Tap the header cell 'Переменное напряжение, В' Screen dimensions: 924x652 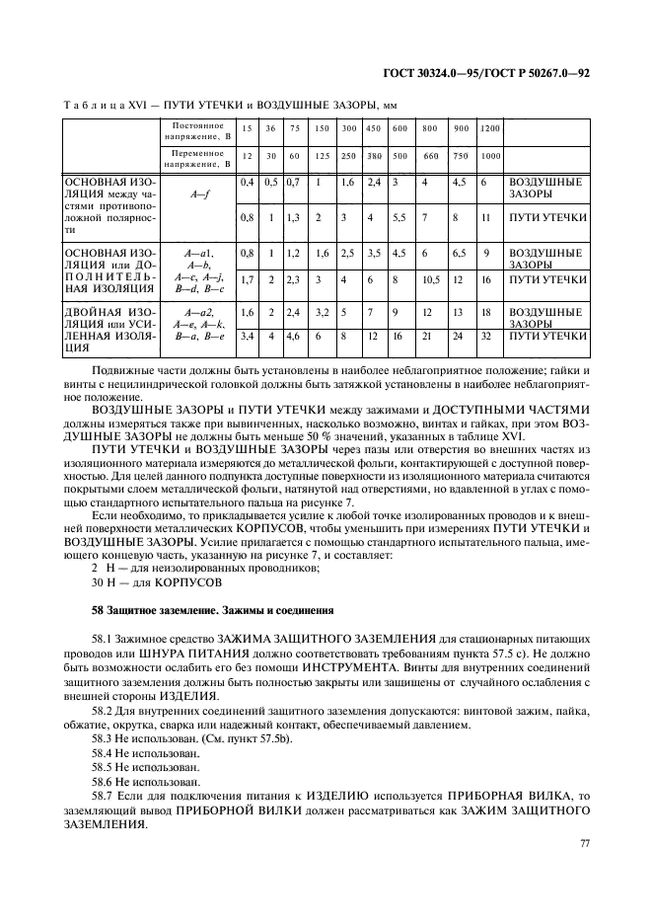point(198,159)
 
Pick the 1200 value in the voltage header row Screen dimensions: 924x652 point(490,129)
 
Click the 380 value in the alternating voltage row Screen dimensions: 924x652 point(374,156)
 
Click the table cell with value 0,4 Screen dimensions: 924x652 point(248,184)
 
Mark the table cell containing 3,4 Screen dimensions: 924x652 point(248,336)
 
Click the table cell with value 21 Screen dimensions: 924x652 point(426,336)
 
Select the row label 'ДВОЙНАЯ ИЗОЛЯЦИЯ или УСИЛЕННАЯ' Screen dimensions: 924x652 point(109,330)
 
